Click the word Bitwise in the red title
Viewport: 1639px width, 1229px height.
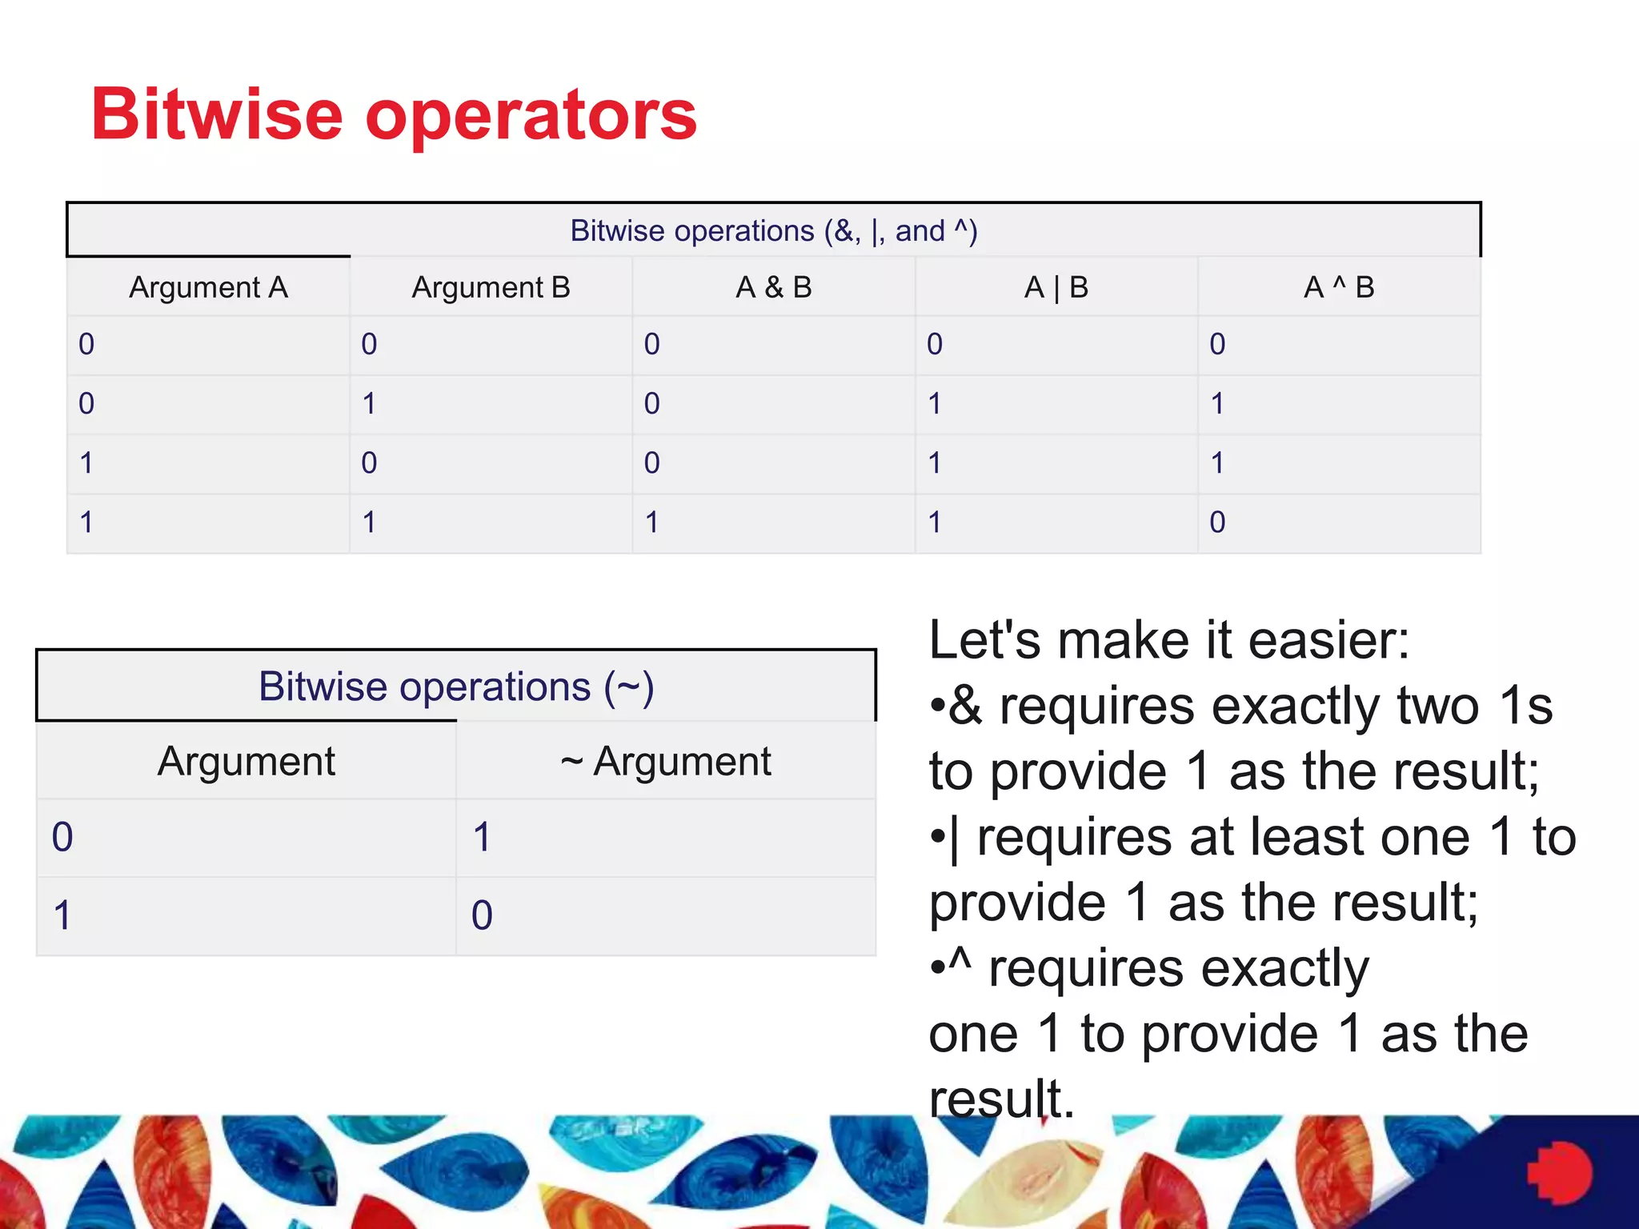pyautogui.click(x=216, y=114)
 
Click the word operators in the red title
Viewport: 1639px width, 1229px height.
pyautogui.click(x=531, y=116)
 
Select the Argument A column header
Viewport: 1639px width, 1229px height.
pyautogui.click(x=208, y=287)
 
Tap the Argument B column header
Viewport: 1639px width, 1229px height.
pyautogui.click(x=491, y=287)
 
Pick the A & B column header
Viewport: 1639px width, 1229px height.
pyautogui.click(x=773, y=287)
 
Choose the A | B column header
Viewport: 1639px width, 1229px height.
pyautogui.click(x=1056, y=287)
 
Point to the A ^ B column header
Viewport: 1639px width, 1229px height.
pyautogui.click(x=1338, y=287)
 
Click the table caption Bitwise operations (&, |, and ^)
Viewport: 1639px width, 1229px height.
pyautogui.click(x=773, y=231)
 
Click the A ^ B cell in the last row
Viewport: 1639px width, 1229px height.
pyautogui.click(x=1217, y=522)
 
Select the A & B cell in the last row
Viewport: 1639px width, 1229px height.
pyautogui.click(x=652, y=522)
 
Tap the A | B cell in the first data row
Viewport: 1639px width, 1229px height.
pyautogui.click(x=935, y=344)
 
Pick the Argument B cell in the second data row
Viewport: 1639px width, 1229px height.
pyautogui.click(x=369, y=403)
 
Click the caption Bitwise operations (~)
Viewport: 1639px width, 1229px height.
pyautogui.click(x=456, y=687)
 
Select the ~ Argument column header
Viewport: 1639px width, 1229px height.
pyautogui.click(x=666, y=761)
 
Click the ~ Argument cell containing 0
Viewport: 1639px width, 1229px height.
pyautogui.click(x=482, y=915)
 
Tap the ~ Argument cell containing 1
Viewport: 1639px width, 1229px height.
pyautogui.click(x=482, y=838)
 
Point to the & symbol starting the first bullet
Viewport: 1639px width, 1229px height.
pyautogui.click(x=965, y=707)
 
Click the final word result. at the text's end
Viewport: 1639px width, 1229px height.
pyautogui.click(x=1001, y=1099)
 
